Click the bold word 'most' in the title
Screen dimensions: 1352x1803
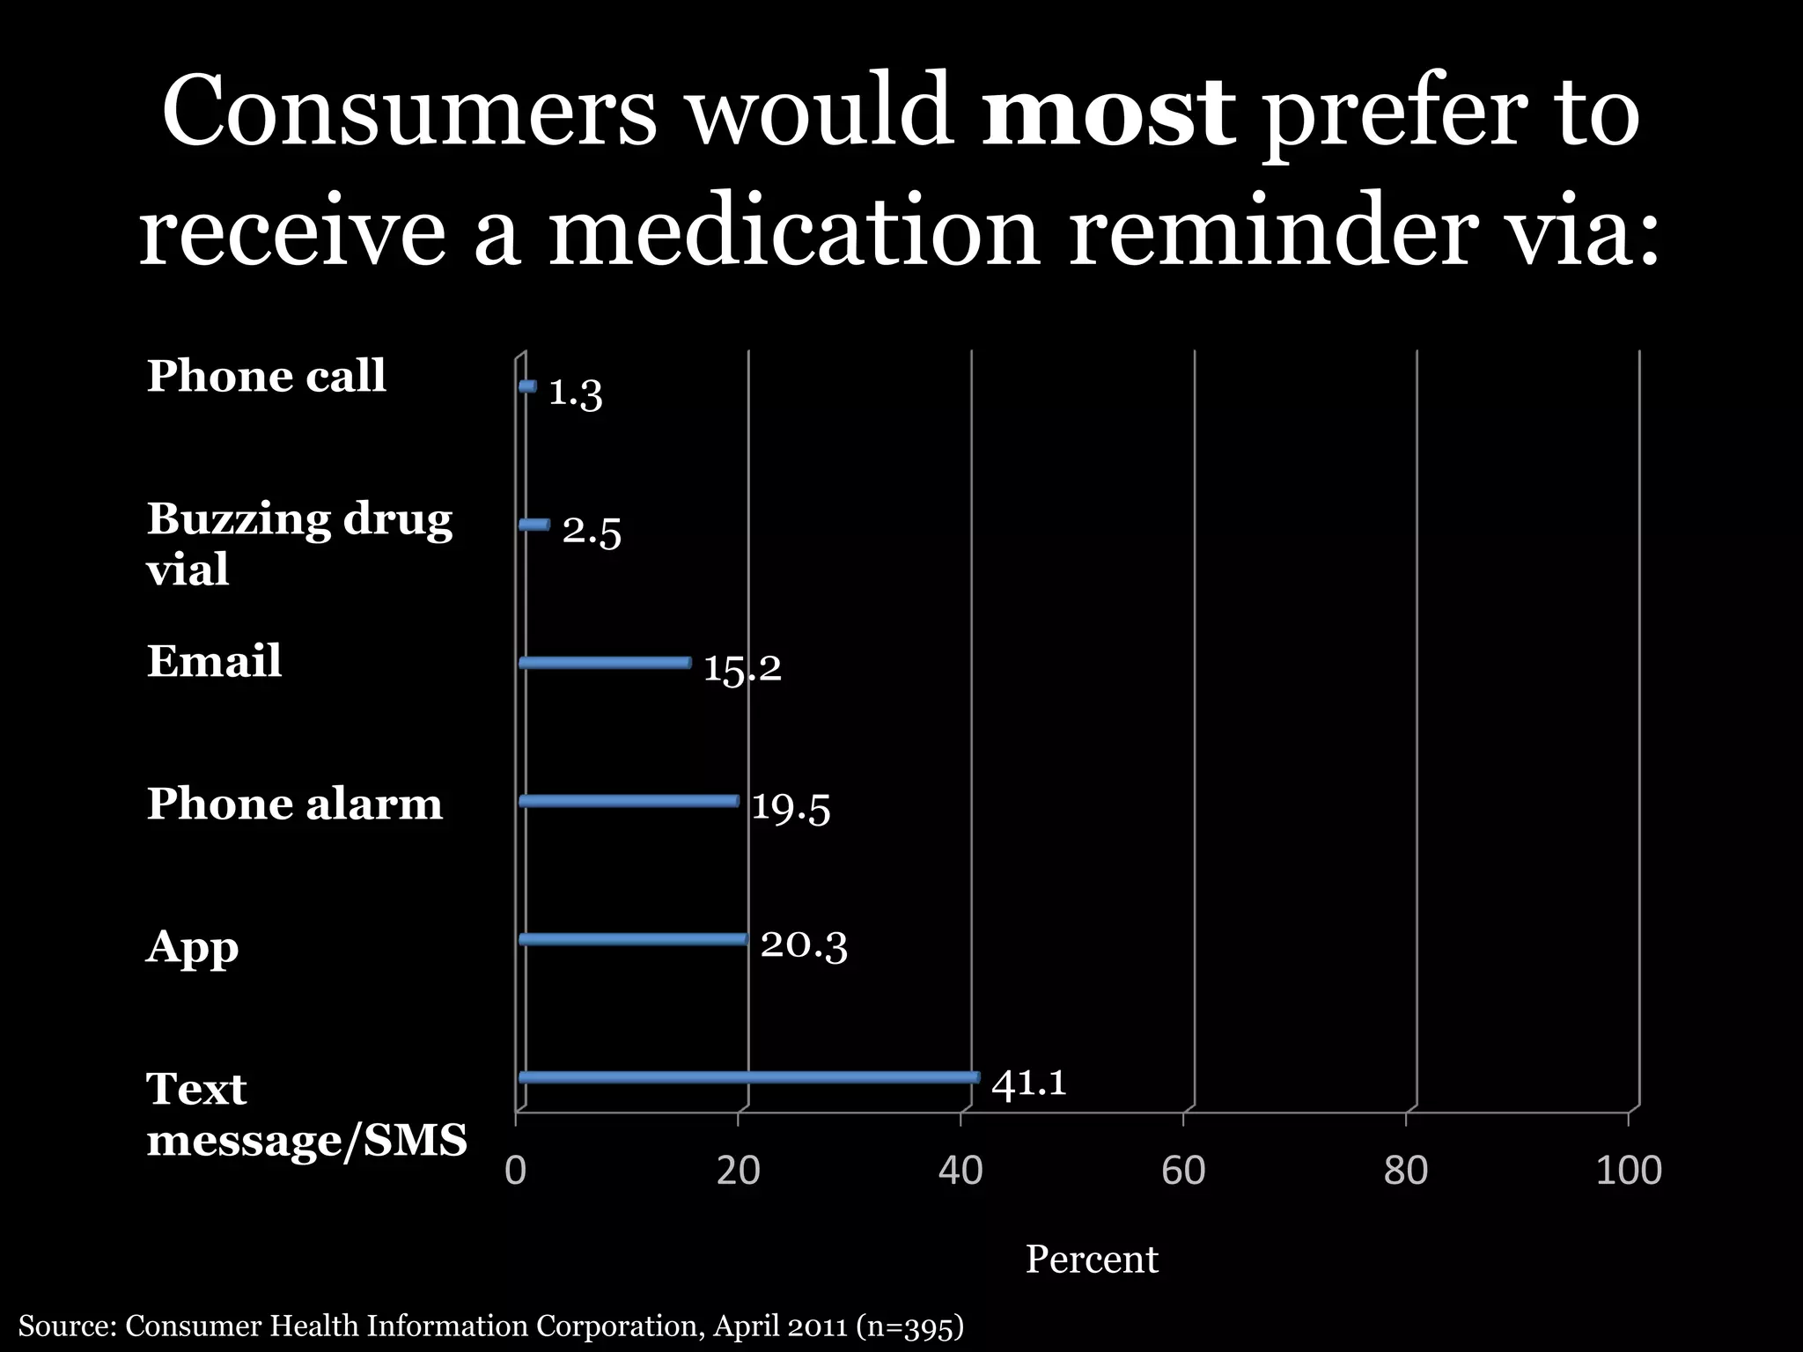1108,114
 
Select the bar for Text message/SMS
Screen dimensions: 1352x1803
748,1077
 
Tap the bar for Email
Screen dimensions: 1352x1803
605,663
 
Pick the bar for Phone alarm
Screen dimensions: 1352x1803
629,801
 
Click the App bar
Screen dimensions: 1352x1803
633,939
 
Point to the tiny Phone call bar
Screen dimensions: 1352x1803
527,386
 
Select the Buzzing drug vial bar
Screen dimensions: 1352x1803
534,525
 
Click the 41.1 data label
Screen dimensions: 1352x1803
1028,1083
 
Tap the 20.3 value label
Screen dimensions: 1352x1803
803,945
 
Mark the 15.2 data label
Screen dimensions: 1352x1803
741,669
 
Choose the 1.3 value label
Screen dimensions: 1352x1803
575,393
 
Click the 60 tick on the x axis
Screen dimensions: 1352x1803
1182,1171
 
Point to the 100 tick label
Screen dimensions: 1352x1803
1628,1171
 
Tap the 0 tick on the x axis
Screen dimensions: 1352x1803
516,1171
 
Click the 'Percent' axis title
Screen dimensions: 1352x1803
1091,1260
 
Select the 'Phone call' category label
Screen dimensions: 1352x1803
266,377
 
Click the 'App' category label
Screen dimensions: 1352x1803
192,948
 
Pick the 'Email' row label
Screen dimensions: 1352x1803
214,661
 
